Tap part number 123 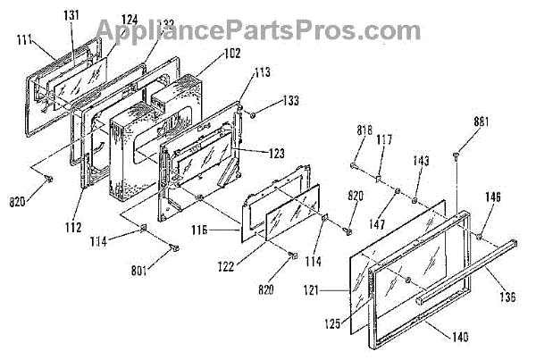(276, 153)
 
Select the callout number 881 (481, 121)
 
